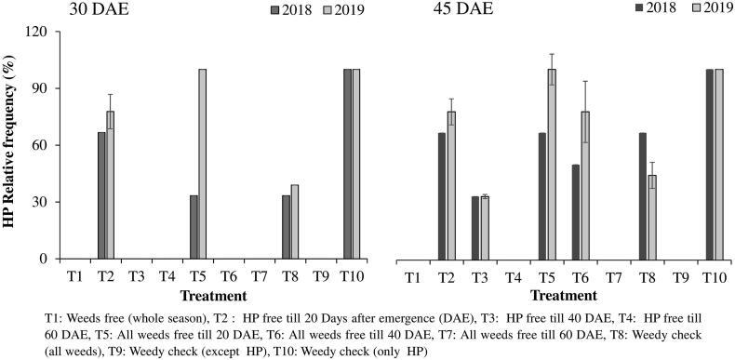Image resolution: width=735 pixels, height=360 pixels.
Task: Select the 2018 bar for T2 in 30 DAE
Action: click(x=101, y=195)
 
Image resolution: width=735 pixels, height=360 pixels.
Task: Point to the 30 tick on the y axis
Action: click(x=40, y=202)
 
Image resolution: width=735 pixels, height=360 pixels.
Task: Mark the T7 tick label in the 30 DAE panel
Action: click(x=261, y=277)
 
